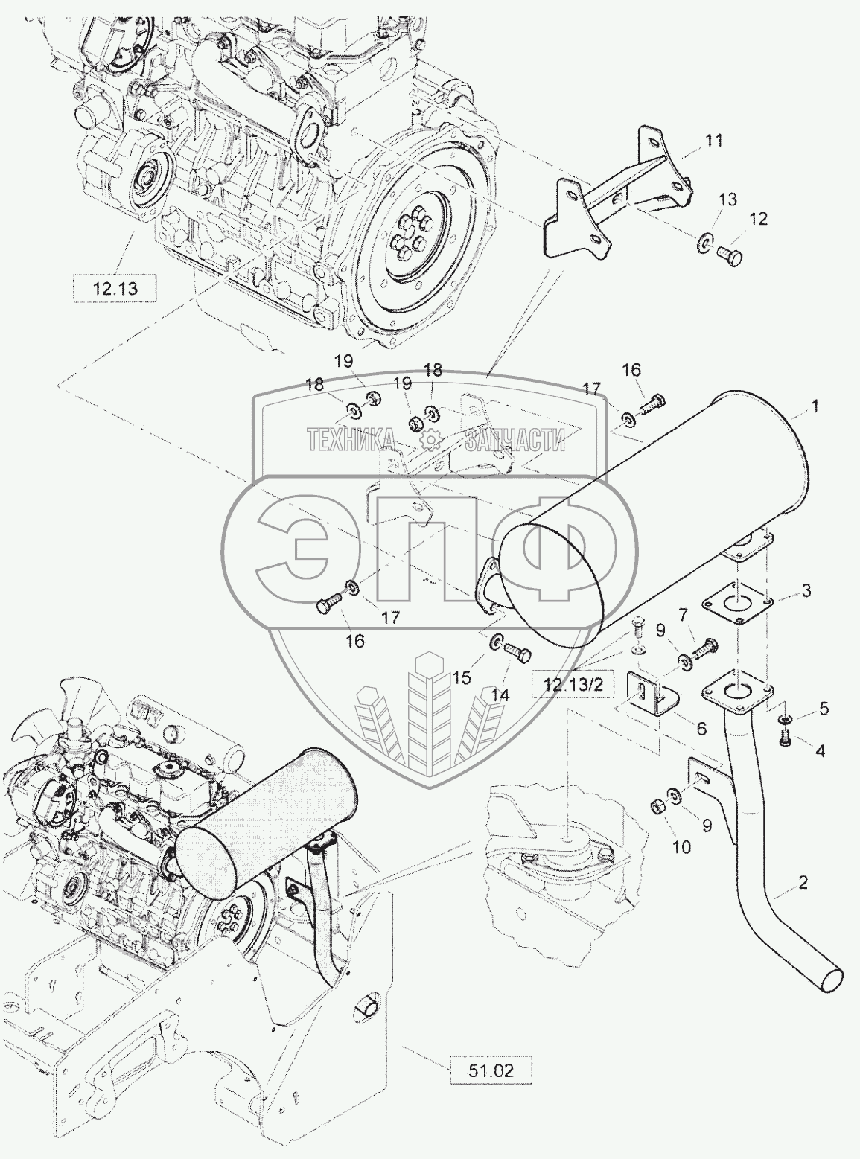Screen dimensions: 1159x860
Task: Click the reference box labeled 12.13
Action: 115,287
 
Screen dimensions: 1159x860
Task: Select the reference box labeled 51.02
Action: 491,1070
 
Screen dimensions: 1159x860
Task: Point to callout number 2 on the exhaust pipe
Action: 803,884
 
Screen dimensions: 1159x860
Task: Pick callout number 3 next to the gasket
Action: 806,591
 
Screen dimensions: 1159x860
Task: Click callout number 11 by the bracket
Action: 714,140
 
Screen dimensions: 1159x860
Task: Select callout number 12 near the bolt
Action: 758,219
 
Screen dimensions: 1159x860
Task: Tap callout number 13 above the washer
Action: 727,199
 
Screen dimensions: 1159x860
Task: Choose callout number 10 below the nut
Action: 682,846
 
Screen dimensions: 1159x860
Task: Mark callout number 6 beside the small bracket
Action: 701,730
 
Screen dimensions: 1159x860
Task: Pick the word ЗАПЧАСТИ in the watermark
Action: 515,440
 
